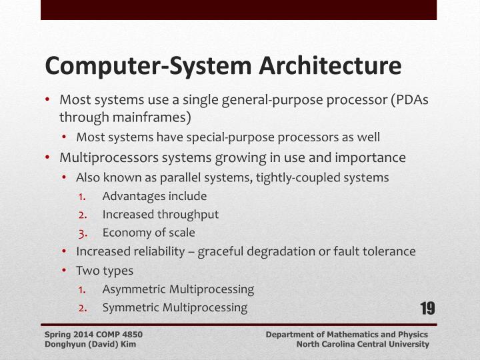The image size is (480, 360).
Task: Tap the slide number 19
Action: pos(427,308)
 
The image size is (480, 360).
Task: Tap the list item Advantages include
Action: pos(155,196)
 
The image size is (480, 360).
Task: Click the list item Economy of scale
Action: pos(149,233)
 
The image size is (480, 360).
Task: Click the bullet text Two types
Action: pos(105,271)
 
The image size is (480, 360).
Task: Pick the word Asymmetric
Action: pos(134,289)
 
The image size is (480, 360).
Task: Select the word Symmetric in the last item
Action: pos(131,307)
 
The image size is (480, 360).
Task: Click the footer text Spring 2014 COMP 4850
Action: pos(93,333)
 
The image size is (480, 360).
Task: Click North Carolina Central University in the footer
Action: pos(363,344)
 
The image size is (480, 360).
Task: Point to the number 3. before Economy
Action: pos(83,233)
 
